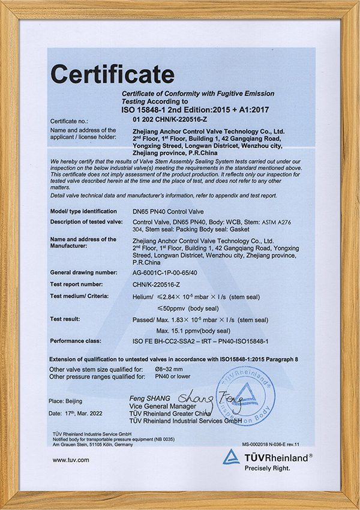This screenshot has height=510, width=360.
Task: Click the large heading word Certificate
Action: (x=112, y=74)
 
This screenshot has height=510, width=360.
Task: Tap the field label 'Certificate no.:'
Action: (x=71, y=121)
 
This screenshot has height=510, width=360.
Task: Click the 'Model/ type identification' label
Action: (x=84, y=211)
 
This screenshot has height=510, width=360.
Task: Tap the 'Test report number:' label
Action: (x=79, y=284)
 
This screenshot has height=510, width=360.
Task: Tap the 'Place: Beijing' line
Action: (x=67, y=400)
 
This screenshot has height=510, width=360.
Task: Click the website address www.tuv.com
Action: (x=71, y=460)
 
